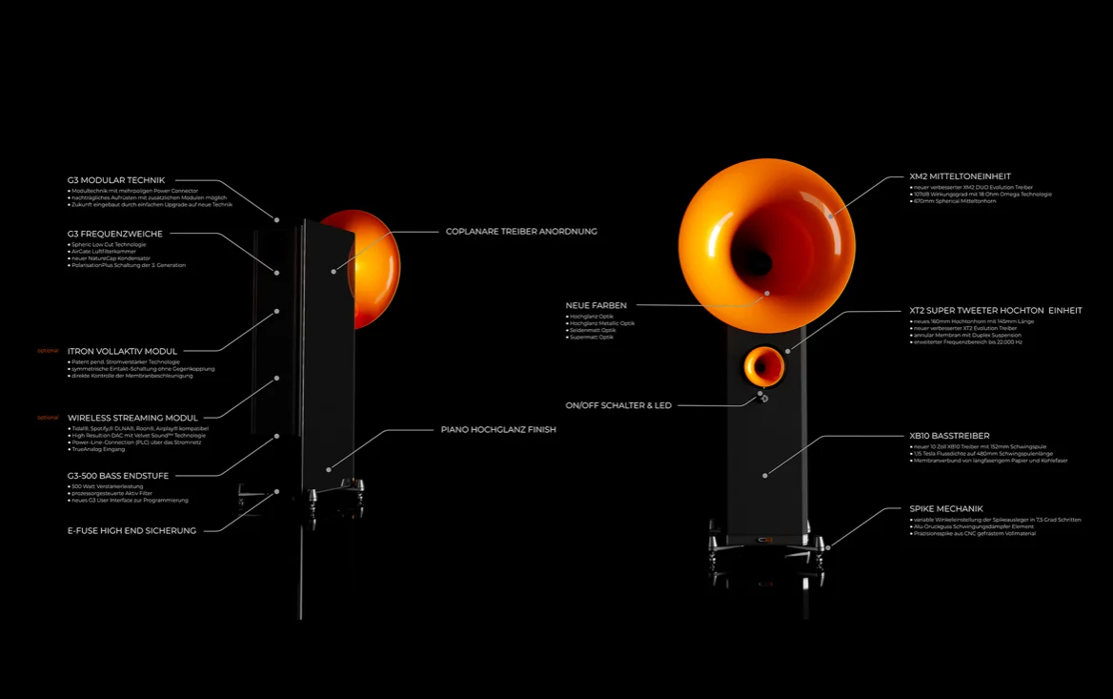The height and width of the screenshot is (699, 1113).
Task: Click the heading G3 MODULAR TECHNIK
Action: (x=115, y=180)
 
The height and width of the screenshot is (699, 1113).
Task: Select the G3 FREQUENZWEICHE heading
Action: (x=114, y=234)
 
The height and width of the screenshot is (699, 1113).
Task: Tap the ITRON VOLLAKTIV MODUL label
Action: (x=122, y=351)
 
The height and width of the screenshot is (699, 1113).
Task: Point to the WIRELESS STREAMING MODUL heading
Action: (x=132, y=418)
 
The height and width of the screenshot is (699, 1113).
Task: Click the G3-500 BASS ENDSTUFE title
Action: (x=118, y=476)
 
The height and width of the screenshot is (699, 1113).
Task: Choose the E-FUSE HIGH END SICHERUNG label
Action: (x=132, y=530)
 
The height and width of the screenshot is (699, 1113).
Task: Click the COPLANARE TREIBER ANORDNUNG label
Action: (x=521, y=232)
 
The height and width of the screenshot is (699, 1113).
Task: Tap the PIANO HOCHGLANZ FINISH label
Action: (x=498, y=430)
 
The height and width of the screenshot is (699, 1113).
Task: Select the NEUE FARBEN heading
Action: (x=596, y=306)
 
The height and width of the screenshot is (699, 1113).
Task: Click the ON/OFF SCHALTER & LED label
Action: (x=618, y=405)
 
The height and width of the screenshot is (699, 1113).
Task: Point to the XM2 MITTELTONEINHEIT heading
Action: (x=960, y=176)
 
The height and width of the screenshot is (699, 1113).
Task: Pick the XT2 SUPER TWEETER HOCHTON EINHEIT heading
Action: (x=995, y=311)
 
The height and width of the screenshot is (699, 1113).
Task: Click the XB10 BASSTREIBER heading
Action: (x=949, y=436)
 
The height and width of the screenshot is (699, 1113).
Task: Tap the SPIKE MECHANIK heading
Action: (x=945, y=509)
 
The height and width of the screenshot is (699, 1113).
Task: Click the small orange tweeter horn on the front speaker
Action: (x=762, y=365)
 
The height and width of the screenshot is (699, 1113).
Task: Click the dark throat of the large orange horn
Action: (x=754, y=260)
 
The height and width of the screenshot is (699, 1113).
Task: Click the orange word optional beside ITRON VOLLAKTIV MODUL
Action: (x=48, y=351)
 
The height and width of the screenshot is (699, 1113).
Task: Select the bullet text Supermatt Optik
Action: (x=593, y=337)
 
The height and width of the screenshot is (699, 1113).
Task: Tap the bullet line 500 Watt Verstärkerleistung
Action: (x=107, y=486)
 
